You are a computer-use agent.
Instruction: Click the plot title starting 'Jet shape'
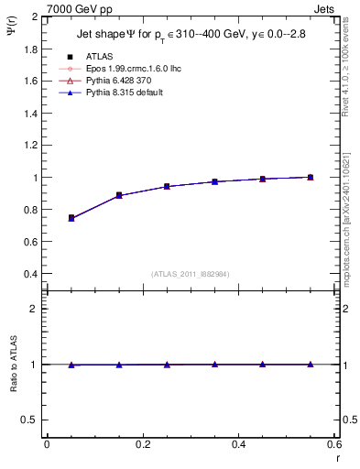pyautogui.click(x=191, y=36)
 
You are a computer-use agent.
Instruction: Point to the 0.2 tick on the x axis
pyautogui.click(x=142, y=444)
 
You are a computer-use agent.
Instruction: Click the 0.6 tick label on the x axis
pyautogui.click(x=333, y=444)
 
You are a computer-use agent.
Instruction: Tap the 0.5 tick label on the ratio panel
pyautogui.click(x=29, y=420)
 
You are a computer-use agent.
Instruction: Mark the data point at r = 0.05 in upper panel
pyautogui.click(x=71, y=218)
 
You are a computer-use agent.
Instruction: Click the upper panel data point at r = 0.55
pyautogui.click(x=311, y=177)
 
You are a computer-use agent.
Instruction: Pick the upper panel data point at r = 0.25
pyautogui.click(x=167, y=186)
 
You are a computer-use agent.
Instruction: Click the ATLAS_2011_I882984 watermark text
pyautogui.click(x=190, y=274)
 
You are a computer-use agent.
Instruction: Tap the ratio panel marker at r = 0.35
pyautogui.click(x=214, y=364)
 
